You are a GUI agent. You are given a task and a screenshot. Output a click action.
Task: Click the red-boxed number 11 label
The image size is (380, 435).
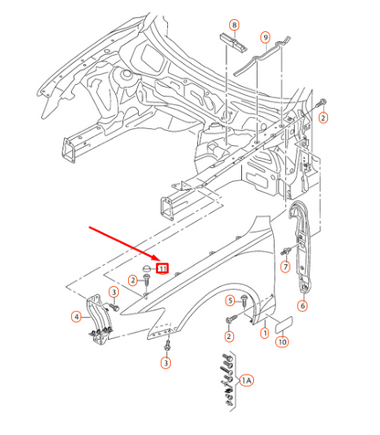[163, 269]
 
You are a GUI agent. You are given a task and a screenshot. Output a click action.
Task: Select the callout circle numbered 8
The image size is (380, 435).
[234, 25]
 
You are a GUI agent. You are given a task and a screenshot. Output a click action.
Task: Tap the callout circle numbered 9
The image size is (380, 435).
[266, 37]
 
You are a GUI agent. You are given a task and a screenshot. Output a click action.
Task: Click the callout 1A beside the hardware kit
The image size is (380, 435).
[247, 380]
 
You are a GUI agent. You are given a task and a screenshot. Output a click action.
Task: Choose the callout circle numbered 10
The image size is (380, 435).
[282, 342]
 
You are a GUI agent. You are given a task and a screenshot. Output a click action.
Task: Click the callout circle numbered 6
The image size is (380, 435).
[302, 305]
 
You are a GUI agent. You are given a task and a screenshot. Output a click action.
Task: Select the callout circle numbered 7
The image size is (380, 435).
[285, 267]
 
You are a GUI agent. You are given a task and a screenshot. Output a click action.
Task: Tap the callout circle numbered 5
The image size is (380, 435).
[230, 301]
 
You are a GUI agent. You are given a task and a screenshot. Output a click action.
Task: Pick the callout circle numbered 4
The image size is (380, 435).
[77, 317]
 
